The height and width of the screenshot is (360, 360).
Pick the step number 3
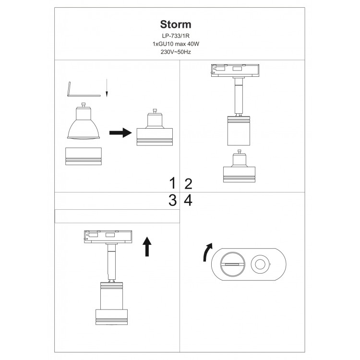[x=172, y=201]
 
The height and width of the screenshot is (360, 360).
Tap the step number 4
[x=188, y=201]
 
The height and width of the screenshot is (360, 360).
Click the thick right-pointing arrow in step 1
[x=120, y=132]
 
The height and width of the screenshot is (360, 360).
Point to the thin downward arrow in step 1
[x=107, y=90]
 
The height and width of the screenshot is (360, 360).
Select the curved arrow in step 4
[x=207, y=252]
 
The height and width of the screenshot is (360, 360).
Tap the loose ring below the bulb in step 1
[x=84, y=156]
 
